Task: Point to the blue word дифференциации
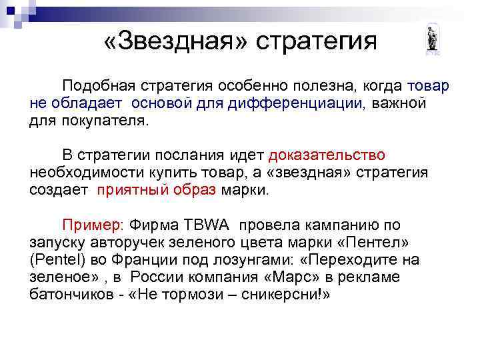click(x=295, y=104)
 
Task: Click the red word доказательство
click(x=327, y=155)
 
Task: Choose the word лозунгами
click(x=267, y=259)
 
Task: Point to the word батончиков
click(x=67, y=294)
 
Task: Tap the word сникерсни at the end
click(x=289, y=294)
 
